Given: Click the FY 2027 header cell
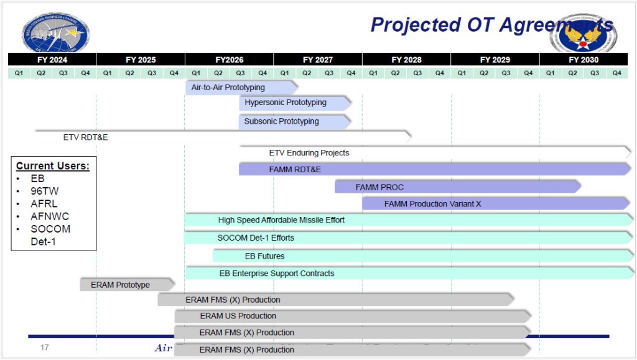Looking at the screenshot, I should coord(317,60).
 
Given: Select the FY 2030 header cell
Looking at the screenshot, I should coord(584,60).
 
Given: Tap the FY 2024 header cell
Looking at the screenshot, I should coord(52,60).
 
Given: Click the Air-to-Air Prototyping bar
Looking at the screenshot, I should coord(240,88).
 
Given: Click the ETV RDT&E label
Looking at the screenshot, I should coord(85,137).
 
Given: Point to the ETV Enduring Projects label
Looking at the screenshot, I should coord(309,152).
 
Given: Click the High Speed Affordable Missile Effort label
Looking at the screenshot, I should coord(281,220).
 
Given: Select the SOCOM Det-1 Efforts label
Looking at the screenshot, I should coord(256,238).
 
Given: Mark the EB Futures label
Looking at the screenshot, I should coord(264,256).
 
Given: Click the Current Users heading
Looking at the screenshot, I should coord(53,166).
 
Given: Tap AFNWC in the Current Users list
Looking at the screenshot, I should coord(50,216).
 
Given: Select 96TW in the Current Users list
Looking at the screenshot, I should coord(45,191).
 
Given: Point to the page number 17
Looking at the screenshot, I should coord(44,348).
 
